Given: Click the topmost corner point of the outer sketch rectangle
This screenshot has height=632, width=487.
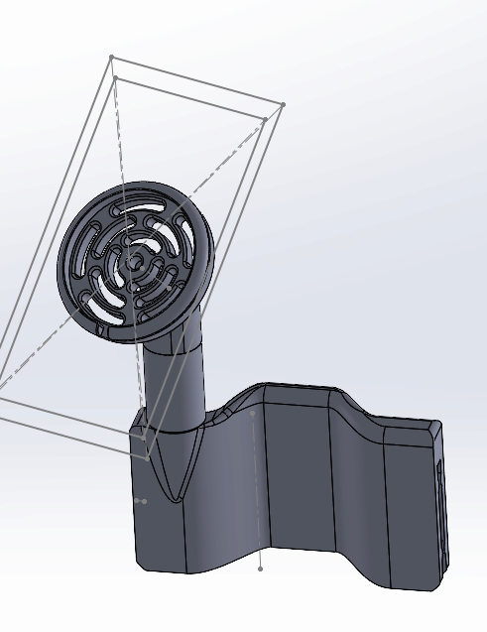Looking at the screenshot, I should pyautogui.click(x=111, y=58).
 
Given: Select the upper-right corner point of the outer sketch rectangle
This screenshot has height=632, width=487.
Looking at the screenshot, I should pyautogui.click(x=283, y=105).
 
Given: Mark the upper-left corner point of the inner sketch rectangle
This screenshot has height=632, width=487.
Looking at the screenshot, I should pyautogui.click(x=115, y=77).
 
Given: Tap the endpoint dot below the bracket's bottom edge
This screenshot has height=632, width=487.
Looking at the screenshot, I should pyautogui.click(x=260, y=569).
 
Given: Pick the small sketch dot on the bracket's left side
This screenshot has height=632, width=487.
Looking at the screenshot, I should pyautogui.click(x=145, y=501).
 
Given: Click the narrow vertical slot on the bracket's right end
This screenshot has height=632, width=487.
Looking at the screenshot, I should pyautogui.click(x=437, y=496).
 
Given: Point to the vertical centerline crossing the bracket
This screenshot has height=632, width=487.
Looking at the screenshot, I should pyautogui.click(x=257, y=476).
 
